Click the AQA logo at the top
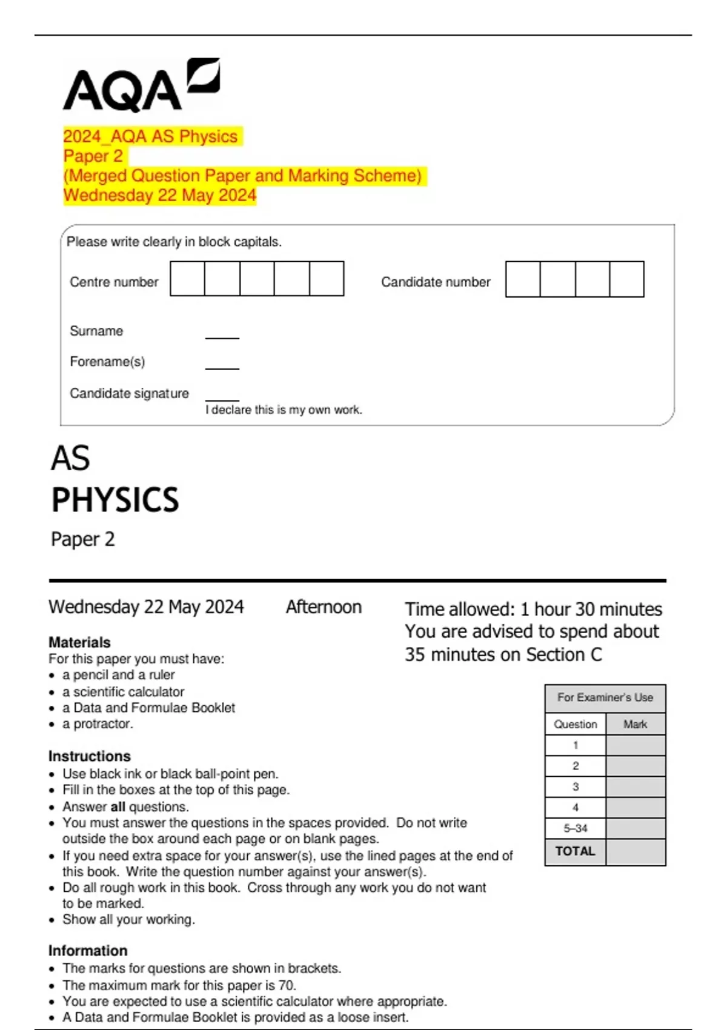coord(141,86)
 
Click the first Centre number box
coord(187,279)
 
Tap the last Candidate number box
coord(626,279)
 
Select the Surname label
coord(96,331)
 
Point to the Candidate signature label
coord(129,393)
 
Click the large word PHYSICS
coord(115,500)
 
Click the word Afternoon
coord(324,606)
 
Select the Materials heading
coord(79,642)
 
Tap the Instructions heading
coord(89,756)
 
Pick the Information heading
coord(88,951)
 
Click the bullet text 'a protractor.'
coord(98,723)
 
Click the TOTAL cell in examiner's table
coord(575,851)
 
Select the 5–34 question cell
coord(575,828)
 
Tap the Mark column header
coord(635,724)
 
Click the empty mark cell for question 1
coord(635,745)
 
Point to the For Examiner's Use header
coord(605,697)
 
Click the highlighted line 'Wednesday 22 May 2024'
coord(160,195)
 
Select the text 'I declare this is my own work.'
coord(284,410)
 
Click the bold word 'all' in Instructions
coord(118,806)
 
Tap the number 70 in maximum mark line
coord(287,985)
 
